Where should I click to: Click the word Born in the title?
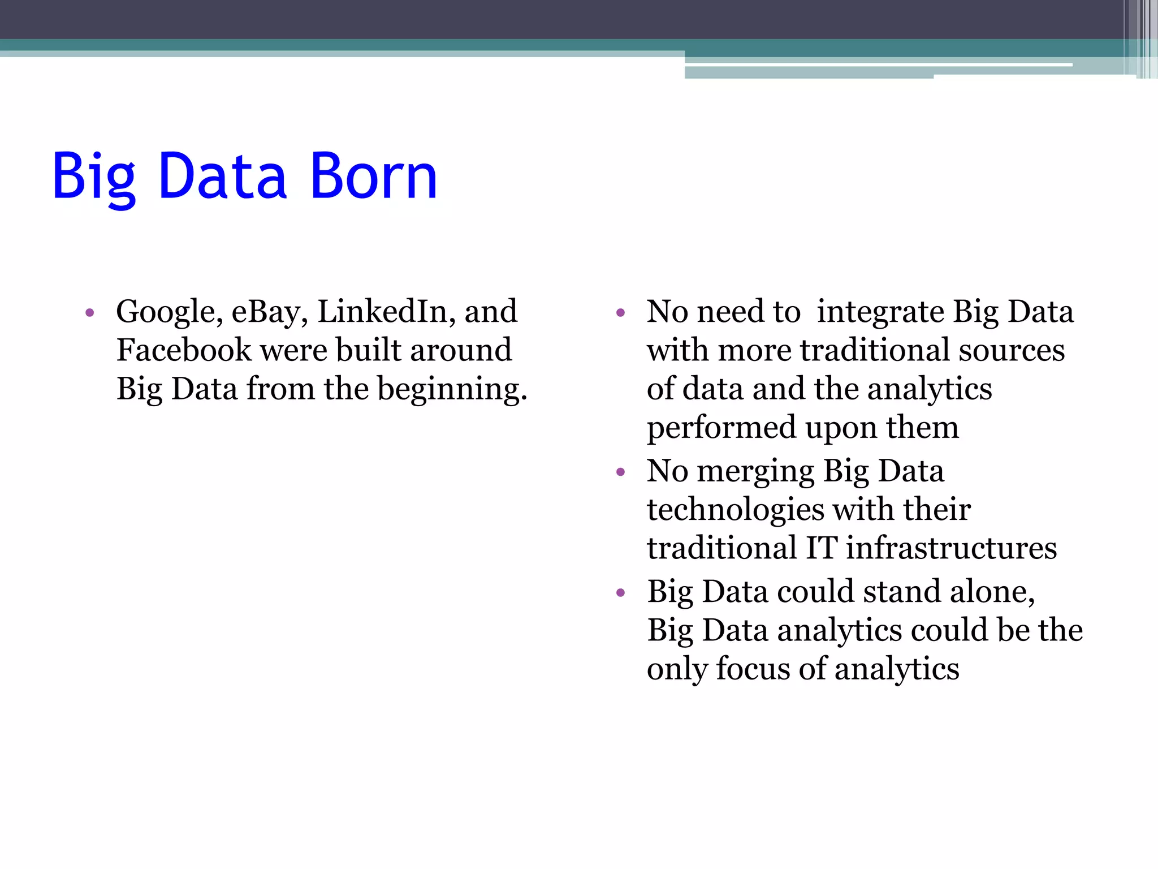[x=374, y=177]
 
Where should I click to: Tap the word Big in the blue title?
[x=94, y=177]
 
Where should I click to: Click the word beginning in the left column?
[x=452, y=390]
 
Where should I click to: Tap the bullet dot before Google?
[x=89, y=313]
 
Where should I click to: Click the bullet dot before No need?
[x=620, y=313]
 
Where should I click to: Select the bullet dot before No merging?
[x=620, y=472]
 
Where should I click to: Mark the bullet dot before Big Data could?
[x=620, y=593]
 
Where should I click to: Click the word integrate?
[x=880, y=312]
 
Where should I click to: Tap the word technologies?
[x=736, y=510]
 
